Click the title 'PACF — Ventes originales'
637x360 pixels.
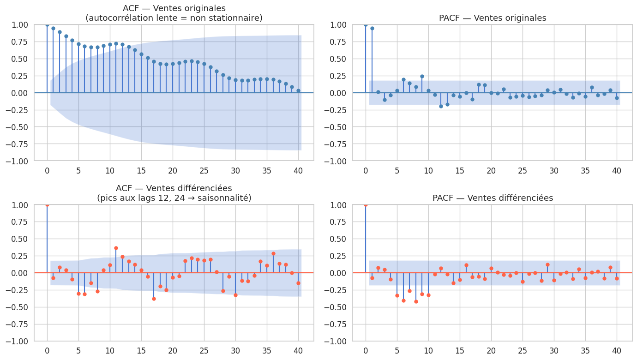[x=492, y=18]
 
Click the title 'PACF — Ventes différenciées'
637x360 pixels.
[x=492, y=198]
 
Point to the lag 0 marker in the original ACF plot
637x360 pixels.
[x=47, y=24]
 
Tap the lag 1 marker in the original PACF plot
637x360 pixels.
[x=372, y=28]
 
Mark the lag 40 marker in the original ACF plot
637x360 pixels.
[x=298, y=90]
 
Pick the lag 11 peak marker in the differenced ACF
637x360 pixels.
[x=116, y=248]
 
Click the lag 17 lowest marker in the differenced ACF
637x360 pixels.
[x=154, y=299]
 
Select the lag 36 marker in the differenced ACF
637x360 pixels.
[x=273, y=253]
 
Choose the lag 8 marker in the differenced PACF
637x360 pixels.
[x=416, y=301]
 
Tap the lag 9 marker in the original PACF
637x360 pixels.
[x=422, y=76]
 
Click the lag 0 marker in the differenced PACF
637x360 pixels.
[x=366, y=204]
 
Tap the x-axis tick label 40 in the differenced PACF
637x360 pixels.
[x=617, y=350]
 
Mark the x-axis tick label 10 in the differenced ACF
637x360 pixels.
[x=110, y=350]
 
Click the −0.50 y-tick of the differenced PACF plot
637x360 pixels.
[x=336, y=307]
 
